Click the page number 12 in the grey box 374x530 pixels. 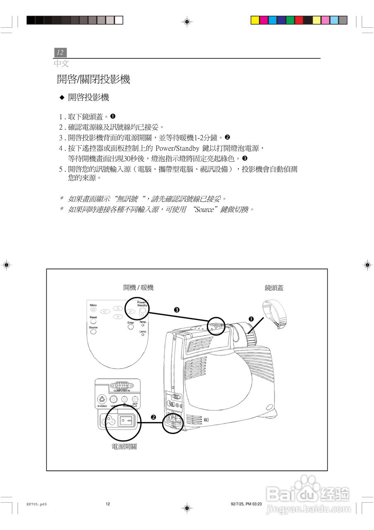tap(60, 53)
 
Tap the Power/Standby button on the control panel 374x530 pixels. tap(143, 312)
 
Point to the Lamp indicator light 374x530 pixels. tap(143, 335)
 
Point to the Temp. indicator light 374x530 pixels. tap(143, 325)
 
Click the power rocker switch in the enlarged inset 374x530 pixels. tap(126, 421)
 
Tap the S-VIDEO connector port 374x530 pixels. tap(102, 400)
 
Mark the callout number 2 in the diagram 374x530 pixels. tap(153, 417)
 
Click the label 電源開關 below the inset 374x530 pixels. tap(124, 447)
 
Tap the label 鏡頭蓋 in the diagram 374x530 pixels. tap(274, 288)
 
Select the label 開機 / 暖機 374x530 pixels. tap(138, 288)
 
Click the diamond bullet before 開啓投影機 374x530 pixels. tap(62, 98)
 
